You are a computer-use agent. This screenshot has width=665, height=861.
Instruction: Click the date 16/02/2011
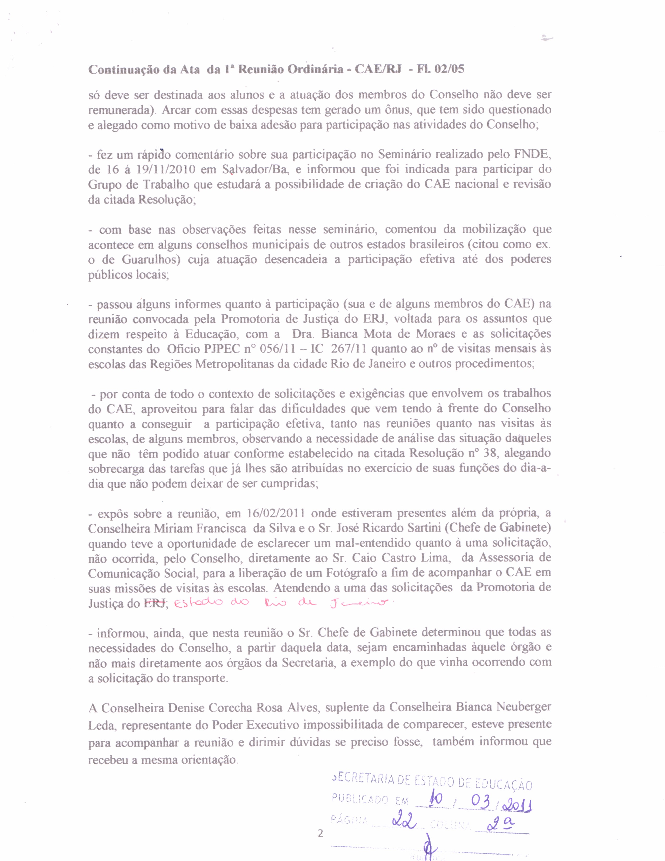click(276, 513)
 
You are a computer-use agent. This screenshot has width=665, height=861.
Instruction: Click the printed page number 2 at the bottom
click(320, 833)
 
